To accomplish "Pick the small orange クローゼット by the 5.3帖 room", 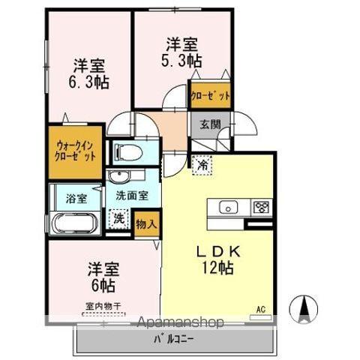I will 209,96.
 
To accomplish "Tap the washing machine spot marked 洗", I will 118,220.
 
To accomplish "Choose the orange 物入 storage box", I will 146,223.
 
